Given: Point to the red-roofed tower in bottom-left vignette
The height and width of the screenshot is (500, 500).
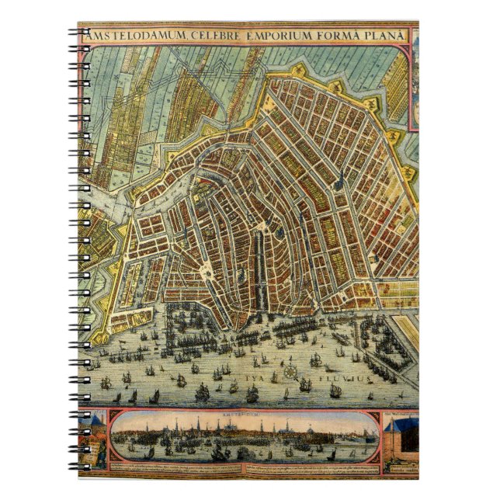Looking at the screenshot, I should click(x=95, y=424).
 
